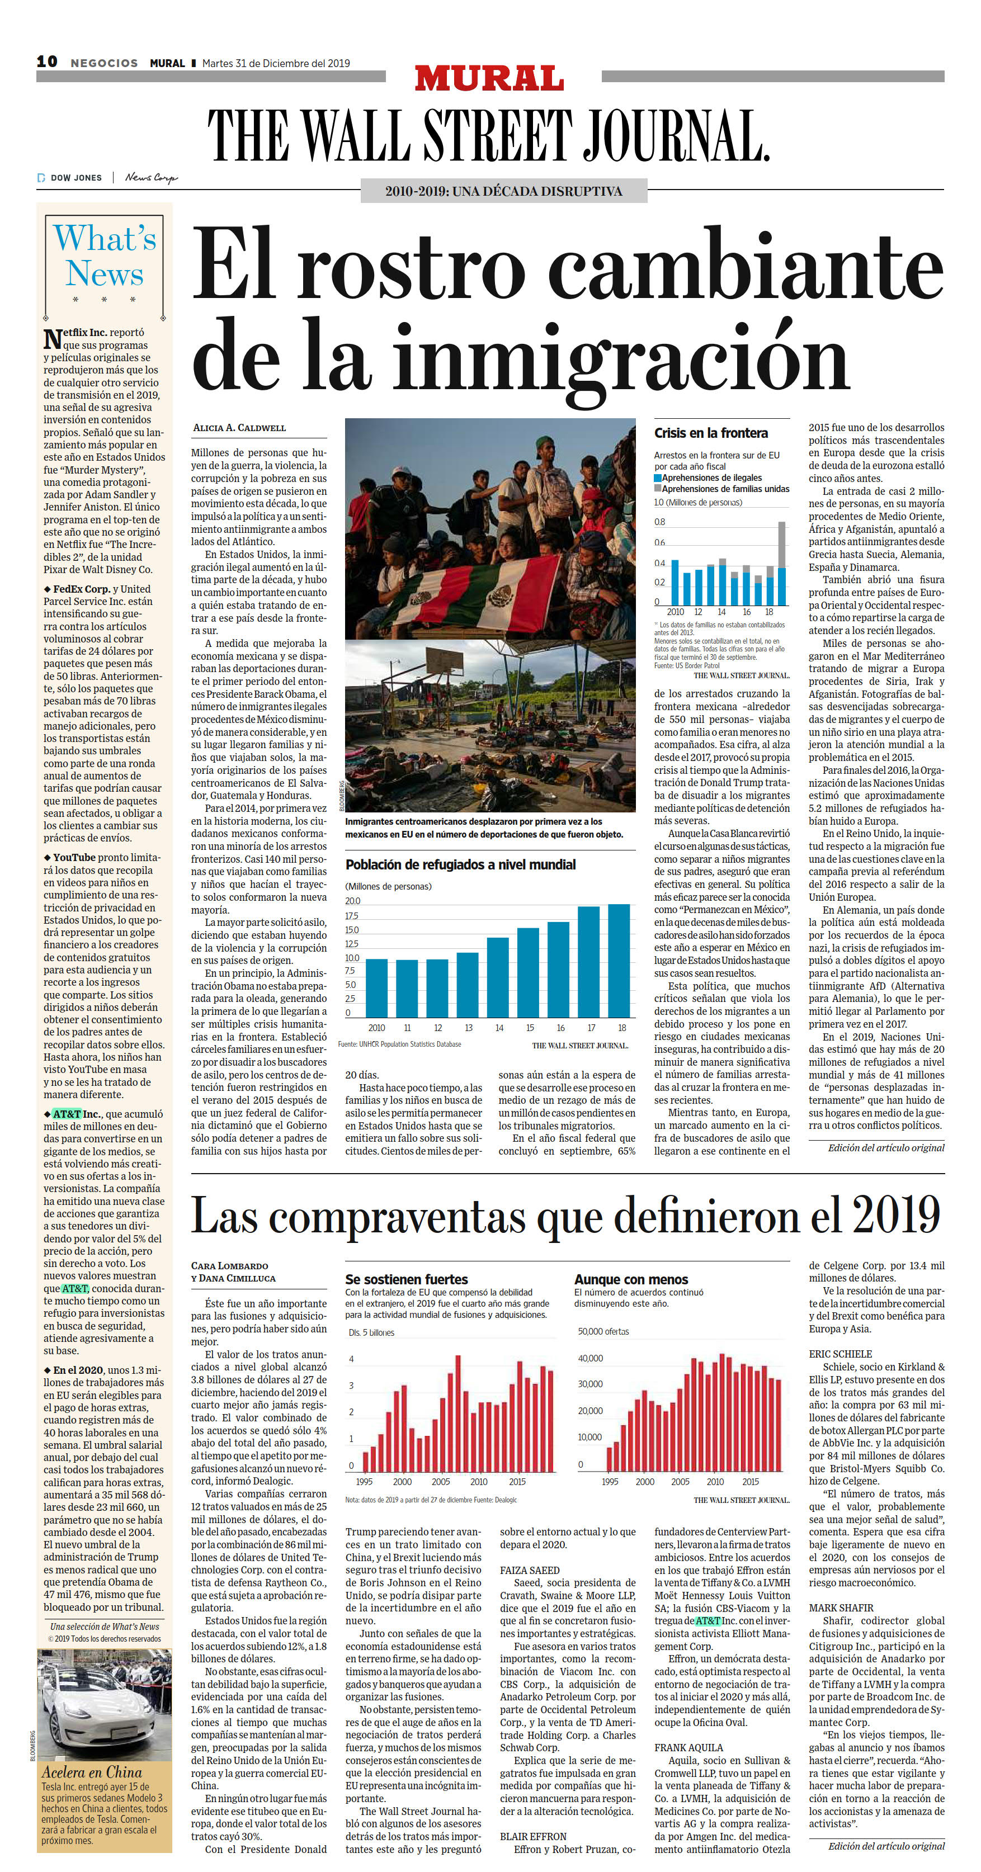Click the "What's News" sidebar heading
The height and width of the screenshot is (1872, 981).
coord(105,256)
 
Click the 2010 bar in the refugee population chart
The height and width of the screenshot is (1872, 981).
coord(376,989)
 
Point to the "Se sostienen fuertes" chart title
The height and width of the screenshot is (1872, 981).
coord(407,1279)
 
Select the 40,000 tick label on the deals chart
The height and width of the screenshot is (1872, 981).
coord(590,1358)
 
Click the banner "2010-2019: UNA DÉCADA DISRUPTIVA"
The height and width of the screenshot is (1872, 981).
coord(503,191)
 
